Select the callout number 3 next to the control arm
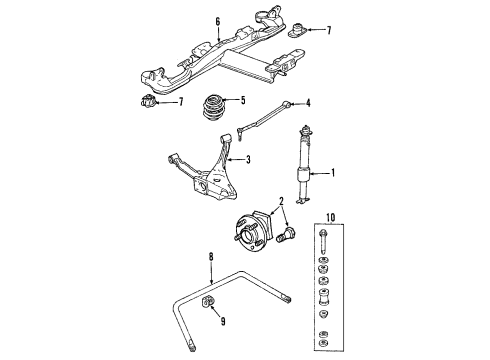250,158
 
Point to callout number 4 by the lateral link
308,102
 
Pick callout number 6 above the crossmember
217,19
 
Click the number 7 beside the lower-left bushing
180,102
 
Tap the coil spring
214,106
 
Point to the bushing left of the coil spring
147,103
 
